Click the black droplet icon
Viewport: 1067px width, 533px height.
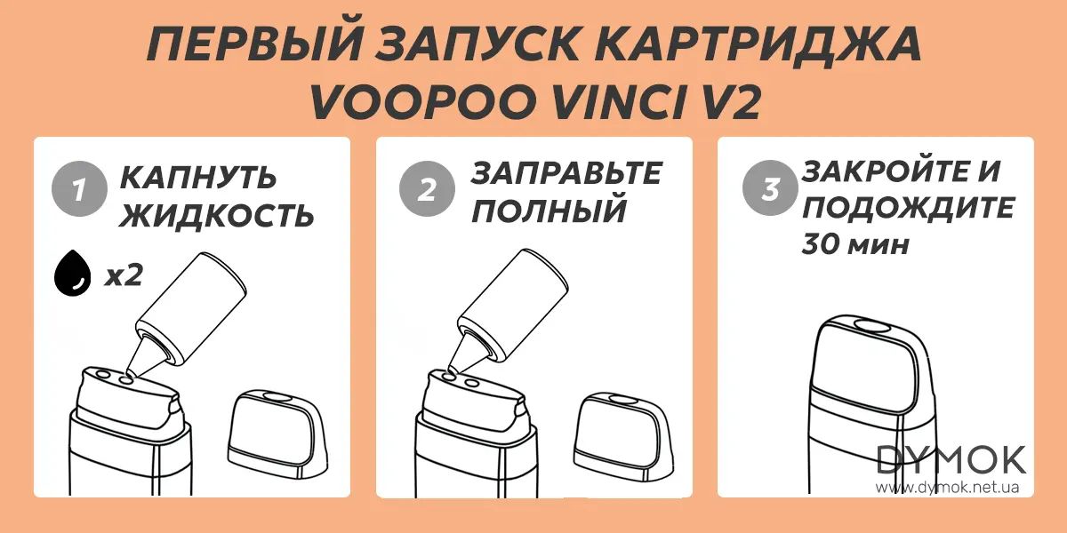(x=72, y=274)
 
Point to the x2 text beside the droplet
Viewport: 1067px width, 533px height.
(x=124, y=274)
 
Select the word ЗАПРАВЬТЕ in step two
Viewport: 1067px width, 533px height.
(x=566, y=173)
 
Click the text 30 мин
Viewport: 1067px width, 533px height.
(x=855, y=244)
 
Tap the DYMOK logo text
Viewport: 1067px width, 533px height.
(x=951, y=461)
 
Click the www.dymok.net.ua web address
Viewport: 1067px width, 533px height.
(x=948, y=488)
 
